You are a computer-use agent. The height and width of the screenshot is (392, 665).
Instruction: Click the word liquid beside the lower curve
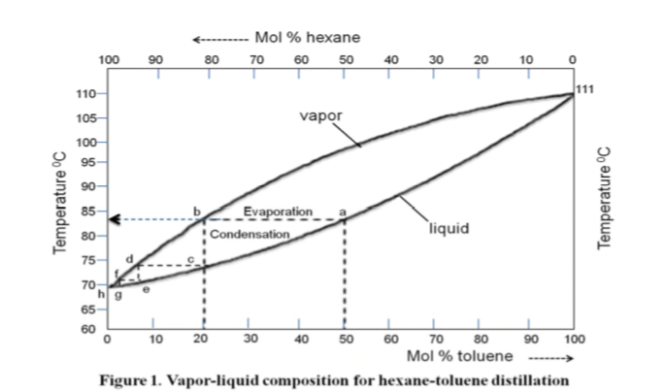[449, 229]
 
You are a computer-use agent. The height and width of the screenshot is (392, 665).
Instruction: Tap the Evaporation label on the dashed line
[278, 211]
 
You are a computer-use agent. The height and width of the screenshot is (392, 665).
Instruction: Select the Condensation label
[249, 235]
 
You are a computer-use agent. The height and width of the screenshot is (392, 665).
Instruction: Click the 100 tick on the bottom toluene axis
[572, 339]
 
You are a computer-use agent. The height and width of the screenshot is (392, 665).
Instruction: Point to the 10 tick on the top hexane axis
[527, 60]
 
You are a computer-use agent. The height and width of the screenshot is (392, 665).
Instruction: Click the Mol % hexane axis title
[306, 37]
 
